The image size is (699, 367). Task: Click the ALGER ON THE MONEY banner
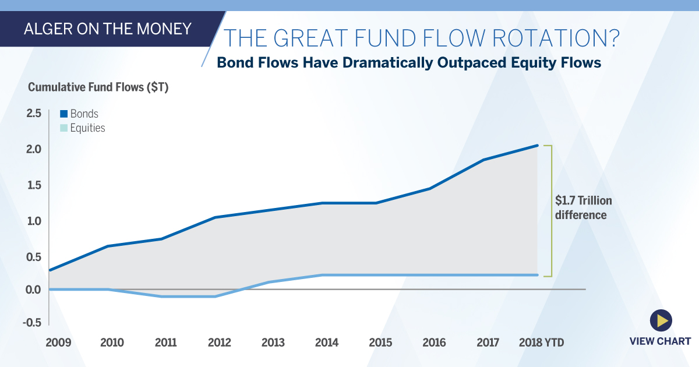pos(108,29)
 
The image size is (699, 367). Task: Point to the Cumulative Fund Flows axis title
pos(98,87)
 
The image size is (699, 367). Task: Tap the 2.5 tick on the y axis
pos(33,114)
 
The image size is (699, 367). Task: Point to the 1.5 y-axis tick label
pos(33,185)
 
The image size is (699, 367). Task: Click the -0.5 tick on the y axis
pos(31,323)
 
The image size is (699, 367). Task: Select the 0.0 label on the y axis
pos(33,290)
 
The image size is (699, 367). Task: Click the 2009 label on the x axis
pos(58,342)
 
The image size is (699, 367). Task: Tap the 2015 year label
pos(380,342)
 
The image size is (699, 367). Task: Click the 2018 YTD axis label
pos(541,342)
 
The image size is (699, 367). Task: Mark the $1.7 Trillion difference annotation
pos(583,208)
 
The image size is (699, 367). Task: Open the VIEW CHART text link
pos(660,341)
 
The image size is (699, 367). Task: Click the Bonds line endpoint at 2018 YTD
pos(536,146)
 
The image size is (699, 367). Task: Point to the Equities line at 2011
pos(161,297)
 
